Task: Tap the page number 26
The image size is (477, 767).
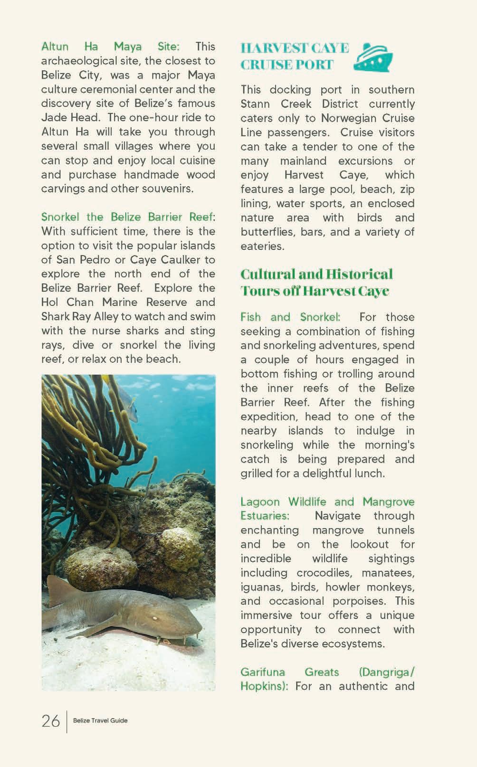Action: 51,721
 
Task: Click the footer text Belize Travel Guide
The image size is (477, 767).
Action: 100,720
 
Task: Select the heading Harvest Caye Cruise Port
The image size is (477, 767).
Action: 294,56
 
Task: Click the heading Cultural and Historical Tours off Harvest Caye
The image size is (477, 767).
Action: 316,282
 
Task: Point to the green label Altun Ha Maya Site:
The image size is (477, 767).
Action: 110,47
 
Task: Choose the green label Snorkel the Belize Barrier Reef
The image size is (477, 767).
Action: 126,217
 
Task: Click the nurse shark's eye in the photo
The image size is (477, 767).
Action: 154,618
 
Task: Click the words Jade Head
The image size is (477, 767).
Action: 71,117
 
